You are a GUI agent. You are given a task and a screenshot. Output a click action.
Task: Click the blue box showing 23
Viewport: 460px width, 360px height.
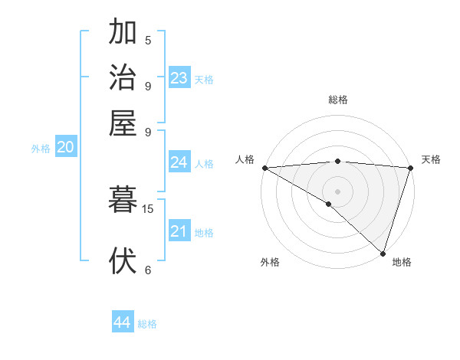pos(179,77)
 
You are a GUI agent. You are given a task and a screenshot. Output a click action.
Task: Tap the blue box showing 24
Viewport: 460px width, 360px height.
pos(179,162)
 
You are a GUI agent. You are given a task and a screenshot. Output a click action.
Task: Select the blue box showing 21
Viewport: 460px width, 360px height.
pos(179,231)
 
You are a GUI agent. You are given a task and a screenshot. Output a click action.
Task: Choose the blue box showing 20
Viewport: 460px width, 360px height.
pos(66,147)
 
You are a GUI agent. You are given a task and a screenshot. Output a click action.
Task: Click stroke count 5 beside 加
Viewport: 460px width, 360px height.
pos(148,41)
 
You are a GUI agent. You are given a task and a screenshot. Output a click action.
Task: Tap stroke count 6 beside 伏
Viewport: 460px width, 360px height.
pos(148,270)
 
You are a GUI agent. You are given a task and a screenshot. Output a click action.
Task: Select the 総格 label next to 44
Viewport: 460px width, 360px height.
pos(147,324)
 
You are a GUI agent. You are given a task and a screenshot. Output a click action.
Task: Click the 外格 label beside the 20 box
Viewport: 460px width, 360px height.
pos(41,149)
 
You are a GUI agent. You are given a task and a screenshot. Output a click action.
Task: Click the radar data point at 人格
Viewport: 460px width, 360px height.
pos(264,168)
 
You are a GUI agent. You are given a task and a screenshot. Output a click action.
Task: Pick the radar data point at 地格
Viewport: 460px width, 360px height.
pos(383,253)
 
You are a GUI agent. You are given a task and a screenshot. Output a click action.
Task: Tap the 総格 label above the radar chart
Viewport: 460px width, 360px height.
pos(337,100)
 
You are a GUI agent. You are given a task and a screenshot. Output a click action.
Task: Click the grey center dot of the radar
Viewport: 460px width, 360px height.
pos(337,191)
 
